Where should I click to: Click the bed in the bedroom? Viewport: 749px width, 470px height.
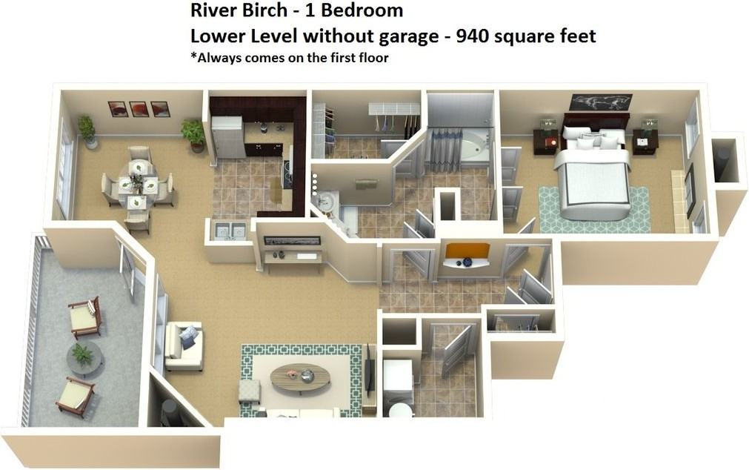click(593, 178)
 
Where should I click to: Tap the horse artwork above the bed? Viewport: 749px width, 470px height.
click(600, 102)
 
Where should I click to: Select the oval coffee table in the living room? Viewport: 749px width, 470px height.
click(300, 378)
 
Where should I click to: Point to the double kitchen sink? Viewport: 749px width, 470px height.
click(228, 231)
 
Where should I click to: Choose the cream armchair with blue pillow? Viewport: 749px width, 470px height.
click(183, 345)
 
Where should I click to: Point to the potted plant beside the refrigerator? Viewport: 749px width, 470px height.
click(194, 134)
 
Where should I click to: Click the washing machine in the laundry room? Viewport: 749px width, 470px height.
click(397, 378)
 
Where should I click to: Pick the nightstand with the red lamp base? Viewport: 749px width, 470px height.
click(546, 140)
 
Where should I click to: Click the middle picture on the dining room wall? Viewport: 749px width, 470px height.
click(139, 109)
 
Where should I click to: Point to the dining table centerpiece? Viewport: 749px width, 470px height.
click(136, 180)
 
